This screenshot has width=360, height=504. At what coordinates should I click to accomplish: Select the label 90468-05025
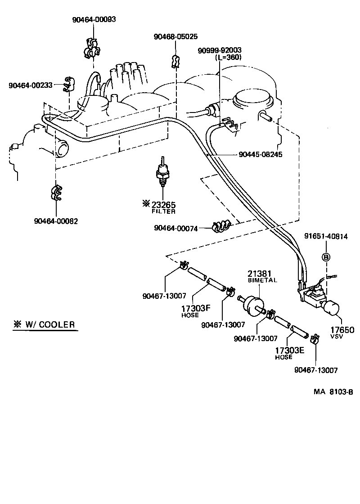(175, 36)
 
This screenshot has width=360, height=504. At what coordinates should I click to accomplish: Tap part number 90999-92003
(220, 50)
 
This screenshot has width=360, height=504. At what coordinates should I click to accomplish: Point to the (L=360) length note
(229, 57)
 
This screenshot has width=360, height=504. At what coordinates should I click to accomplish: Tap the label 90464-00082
(56, 221)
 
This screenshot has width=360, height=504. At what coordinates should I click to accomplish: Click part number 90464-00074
(176, 228)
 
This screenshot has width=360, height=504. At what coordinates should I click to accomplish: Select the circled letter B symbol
(326, 257)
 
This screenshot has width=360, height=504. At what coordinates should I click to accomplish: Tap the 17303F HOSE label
(196, 311)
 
